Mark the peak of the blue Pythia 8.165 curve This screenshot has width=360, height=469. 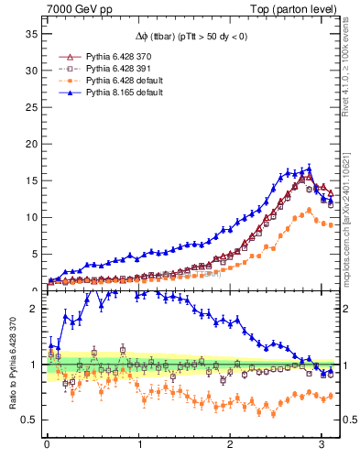tap(310, 169)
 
